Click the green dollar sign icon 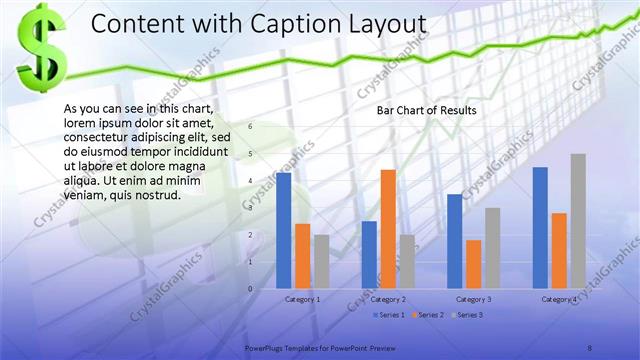(40, 47)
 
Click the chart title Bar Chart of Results (426, 110)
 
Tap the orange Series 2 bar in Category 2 (388, 229)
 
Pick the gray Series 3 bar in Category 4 (578, 221)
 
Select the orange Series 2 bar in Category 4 (559, 250)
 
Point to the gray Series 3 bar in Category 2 (407, 261)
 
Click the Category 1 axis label (303, 299)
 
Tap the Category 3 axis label (473, 299)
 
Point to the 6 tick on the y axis (251, 127)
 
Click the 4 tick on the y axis (251, 181)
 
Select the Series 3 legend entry (470, 315)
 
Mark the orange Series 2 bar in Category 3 (473, 264)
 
